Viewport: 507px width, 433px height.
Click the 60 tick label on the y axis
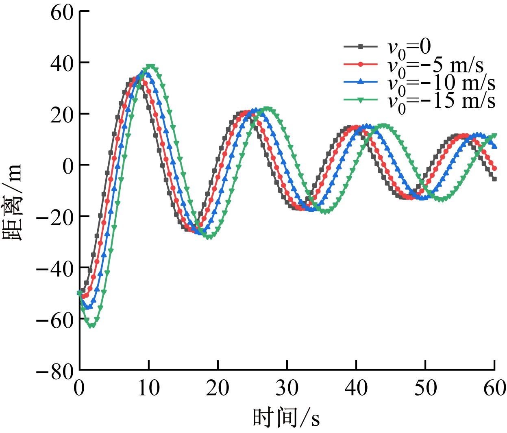(61, 12)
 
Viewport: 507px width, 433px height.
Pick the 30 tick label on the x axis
(287, 388)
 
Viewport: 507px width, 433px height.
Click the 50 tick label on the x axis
(425, 388)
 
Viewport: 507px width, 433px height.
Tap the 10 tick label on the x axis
(149, 388)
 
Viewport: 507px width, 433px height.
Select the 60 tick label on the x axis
(494, 388)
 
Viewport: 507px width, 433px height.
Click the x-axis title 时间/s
(286, 418)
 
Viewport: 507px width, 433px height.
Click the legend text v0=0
(409, 48)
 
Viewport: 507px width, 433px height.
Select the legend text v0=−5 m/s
(435, 65)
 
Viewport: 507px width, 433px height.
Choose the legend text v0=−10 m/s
(441, 83)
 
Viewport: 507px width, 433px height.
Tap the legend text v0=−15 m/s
(441, 100)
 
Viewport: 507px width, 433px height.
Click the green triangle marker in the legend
(360, 100)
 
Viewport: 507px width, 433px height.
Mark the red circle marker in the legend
(360, 64)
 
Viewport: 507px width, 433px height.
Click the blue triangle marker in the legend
(360, 82)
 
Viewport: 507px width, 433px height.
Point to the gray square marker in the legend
(360, 46)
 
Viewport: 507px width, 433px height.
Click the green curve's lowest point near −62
(92, 325)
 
